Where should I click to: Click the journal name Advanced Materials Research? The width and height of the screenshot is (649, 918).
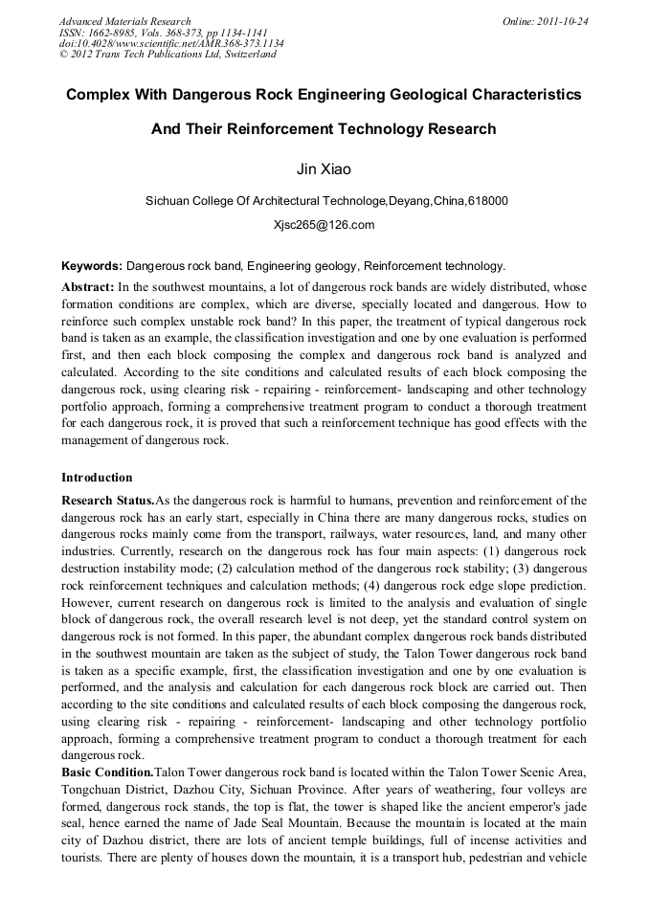point(124,21)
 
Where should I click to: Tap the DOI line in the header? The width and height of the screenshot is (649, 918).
point(171,43)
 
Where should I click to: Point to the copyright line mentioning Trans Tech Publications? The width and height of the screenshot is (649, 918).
point(168,55)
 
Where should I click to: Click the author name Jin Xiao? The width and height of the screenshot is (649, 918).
point(324,169)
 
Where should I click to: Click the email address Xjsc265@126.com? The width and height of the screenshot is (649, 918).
point(324,225)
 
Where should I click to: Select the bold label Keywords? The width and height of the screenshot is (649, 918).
point(92,266)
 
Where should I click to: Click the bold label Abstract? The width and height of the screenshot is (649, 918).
point(88,287)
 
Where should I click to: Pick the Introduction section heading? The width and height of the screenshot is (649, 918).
point(97,477)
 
